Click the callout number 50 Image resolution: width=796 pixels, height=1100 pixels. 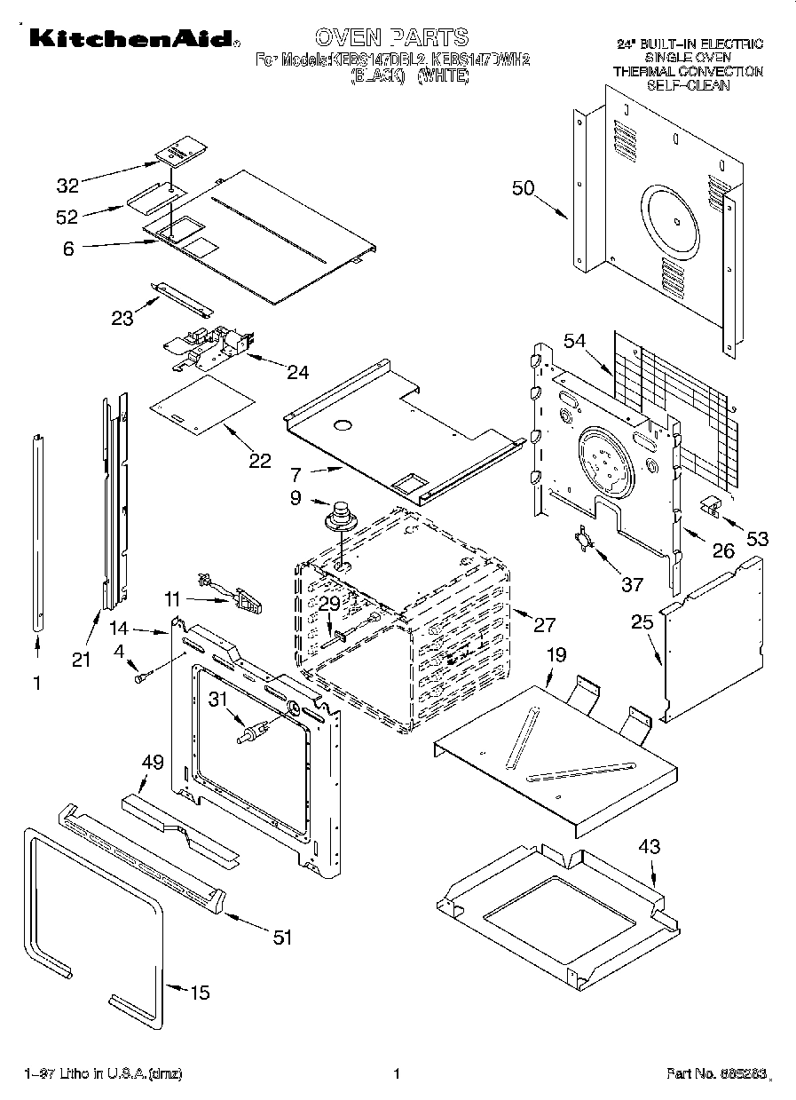[524, 187]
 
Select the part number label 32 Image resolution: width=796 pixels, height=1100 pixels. [68, 186]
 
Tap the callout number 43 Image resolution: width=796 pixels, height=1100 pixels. [650, 848]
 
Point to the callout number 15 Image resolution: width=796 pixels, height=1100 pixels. [201, 993]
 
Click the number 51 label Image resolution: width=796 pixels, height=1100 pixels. [281, 937]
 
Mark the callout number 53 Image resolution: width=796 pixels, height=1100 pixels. [757, 538]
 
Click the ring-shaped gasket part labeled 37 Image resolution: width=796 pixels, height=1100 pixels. [583, 540]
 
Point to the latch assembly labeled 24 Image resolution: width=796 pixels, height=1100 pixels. [209, 348]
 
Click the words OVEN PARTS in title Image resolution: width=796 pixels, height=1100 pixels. [390, 37]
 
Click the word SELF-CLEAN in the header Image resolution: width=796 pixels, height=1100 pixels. [688, 85]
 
